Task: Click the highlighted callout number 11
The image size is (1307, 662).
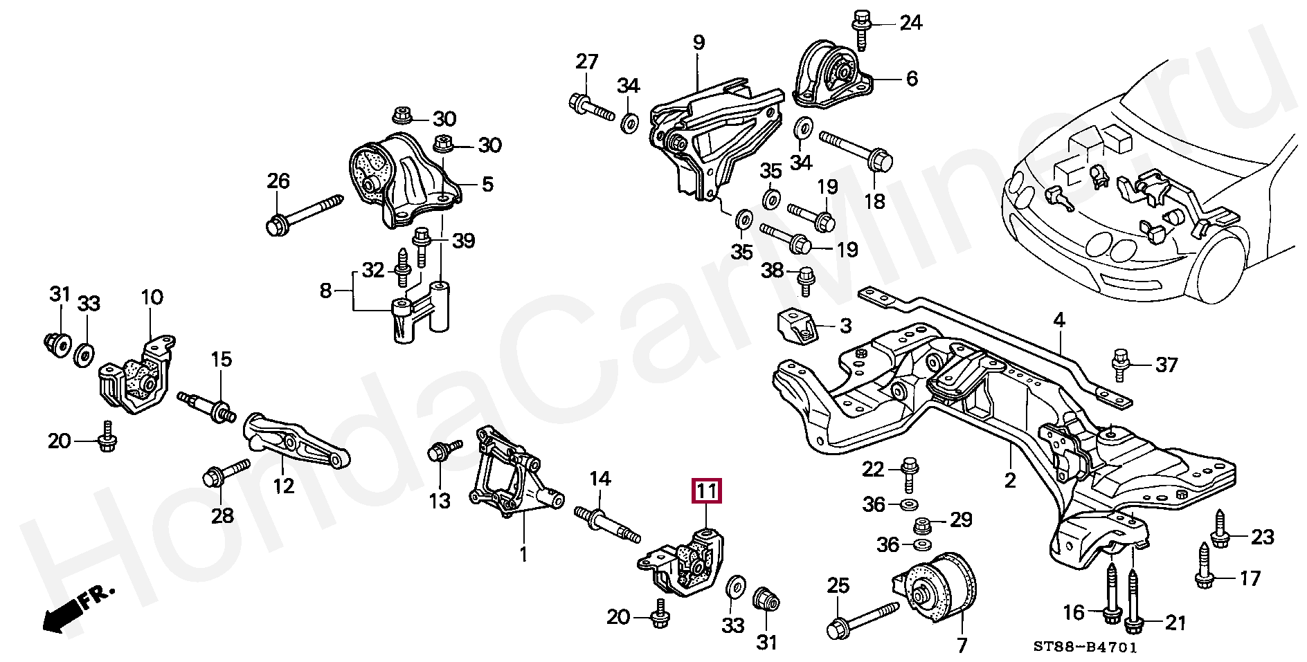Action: pos(706,491)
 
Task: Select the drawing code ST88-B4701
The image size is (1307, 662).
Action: pos(1085,647)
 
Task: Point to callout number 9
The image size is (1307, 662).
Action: pos(698,43)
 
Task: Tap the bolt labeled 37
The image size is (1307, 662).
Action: pos(1121,365)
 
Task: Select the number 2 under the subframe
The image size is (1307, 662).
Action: pos(1009,480)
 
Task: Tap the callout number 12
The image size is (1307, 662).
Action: pos(284,486)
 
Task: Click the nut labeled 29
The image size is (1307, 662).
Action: pos(923,525)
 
